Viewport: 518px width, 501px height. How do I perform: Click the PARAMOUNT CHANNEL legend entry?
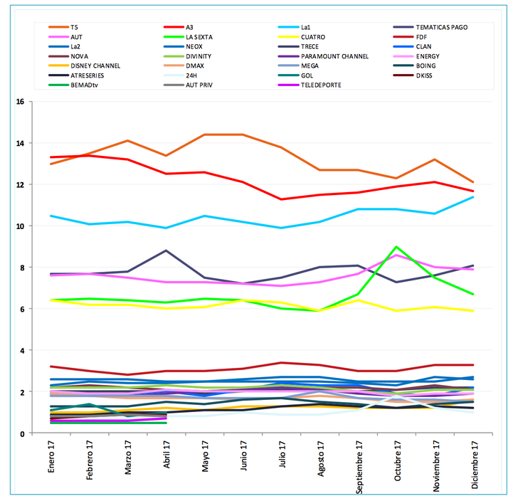(x=334, y=56)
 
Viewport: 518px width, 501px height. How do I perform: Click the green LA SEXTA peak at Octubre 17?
(x=396, y=247)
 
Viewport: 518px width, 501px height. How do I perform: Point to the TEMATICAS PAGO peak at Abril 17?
(x=166, y=250)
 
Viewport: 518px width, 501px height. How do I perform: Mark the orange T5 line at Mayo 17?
(x=204, y=135)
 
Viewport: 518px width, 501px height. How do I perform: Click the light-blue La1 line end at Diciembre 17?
(x=472, y=196)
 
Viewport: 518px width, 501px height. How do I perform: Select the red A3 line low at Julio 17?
(x=281, y=199)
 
